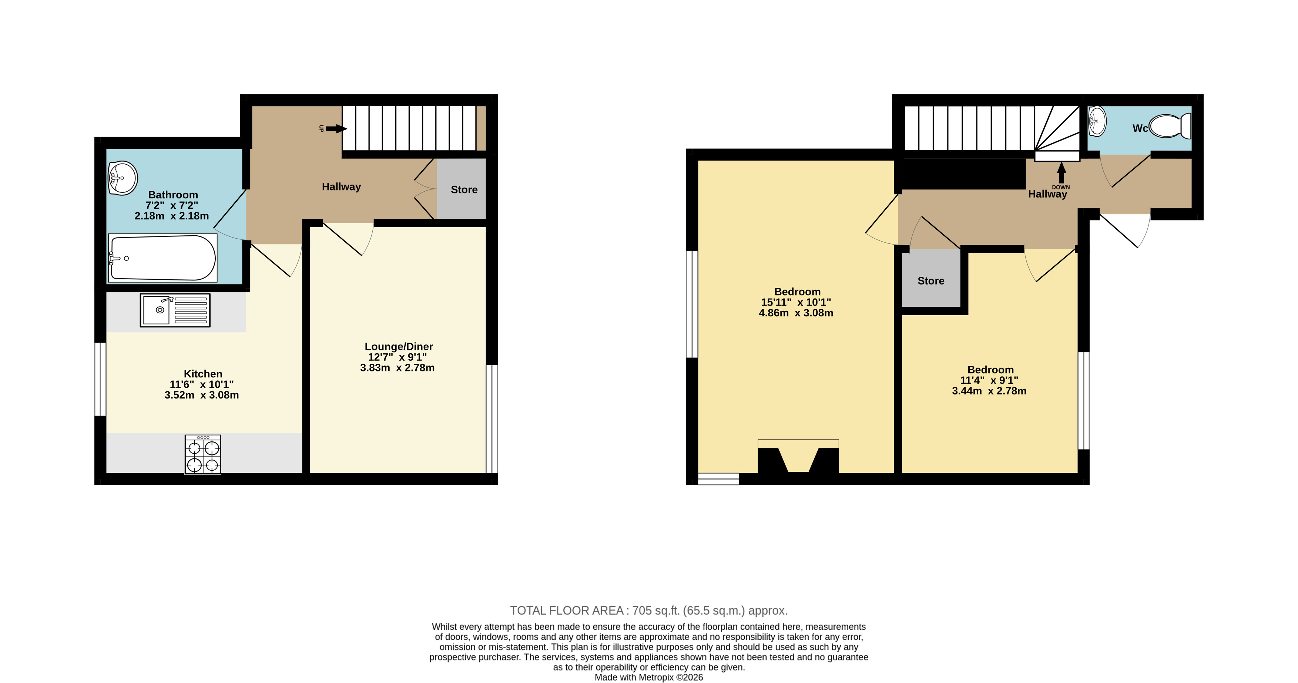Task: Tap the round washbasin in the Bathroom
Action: pos(123,178)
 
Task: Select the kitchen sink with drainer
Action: pos(175,310)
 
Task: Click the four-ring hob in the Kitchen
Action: pos(202,454)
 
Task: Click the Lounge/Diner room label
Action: pos(399,347)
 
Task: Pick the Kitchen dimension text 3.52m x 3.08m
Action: pos(202,395)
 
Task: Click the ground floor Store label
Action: pos(464,189)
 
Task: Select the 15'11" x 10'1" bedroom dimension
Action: pos(796,302)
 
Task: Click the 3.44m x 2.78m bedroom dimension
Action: pos(989,391)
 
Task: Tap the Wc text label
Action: pos(1140,128)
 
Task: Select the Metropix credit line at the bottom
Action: pos(648,677)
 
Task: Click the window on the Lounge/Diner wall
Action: pos(492,418)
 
